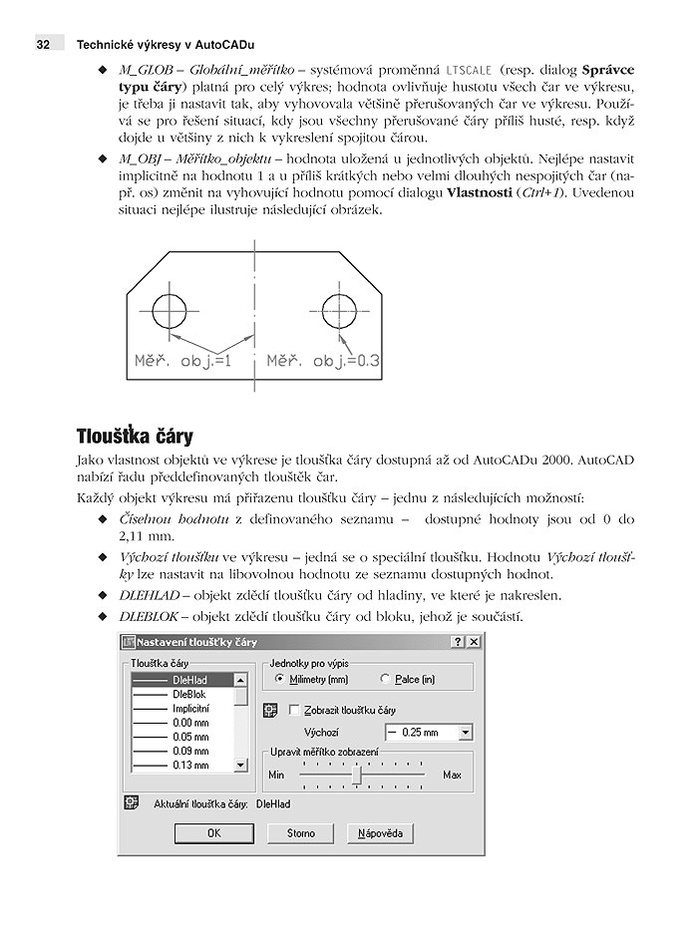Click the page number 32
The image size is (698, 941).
pos(43,45)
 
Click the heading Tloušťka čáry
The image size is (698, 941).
pos(135,437)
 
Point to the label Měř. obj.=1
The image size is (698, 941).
pos(182,362)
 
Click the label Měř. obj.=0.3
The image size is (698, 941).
pos(323,362)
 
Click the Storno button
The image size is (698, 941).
pos(301,832)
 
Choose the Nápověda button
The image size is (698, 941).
pos(380,832)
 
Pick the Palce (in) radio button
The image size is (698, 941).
pos(386,679)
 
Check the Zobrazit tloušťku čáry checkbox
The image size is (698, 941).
pos(294,710)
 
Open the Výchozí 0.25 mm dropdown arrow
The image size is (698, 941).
pos(466,733)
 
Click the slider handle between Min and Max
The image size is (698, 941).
pos(356,775)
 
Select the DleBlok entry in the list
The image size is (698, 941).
pos(189,694)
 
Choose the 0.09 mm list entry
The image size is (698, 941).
pos(189,751)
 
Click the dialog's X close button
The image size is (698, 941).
pos(475,642)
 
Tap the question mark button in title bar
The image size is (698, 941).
pos(457,642)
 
